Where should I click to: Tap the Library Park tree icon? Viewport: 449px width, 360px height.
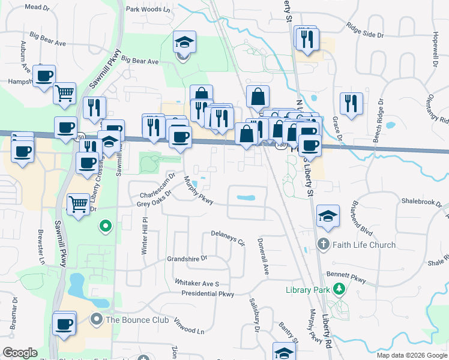coord(340,290)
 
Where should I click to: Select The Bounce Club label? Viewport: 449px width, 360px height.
coord(137,320)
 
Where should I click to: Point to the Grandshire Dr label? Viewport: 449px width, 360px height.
coord(187,259)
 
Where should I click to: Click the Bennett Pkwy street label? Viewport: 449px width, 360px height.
coord(346,277)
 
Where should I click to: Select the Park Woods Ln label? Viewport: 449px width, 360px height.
coord(148,10)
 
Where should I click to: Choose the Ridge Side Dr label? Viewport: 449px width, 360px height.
coord(365,31)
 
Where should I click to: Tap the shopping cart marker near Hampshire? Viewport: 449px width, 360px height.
coord(64,93)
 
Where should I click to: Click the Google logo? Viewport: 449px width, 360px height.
coord(20,353)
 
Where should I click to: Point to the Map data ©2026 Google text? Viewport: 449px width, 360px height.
coord(411,355)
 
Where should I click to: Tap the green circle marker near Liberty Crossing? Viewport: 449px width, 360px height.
coord(106,226)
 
